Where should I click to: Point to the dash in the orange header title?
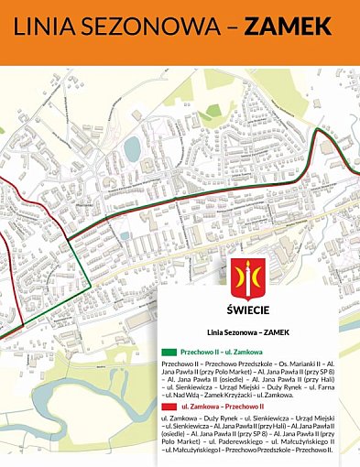click(x=236, y=28)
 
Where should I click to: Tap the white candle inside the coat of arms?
click(x=245, y=274)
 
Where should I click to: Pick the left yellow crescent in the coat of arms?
click(x=237, y=274)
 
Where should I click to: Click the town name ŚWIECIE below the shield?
click(x=245, y=310)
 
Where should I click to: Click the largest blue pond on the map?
click(x=132, y=147)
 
